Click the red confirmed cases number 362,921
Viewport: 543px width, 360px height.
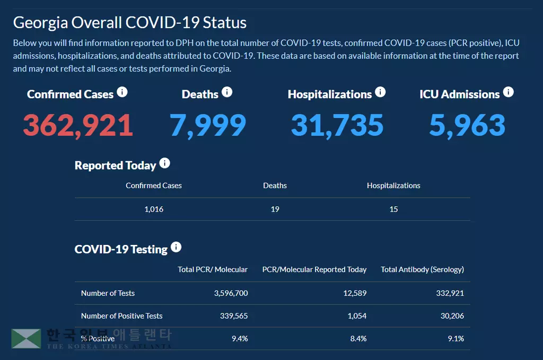[78, 125]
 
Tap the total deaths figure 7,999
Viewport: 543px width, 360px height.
[208, 125]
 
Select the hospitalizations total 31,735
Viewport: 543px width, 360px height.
[337, 125]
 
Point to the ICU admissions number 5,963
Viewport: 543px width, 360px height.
[467, 125]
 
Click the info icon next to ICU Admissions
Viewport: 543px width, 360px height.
[508, 92]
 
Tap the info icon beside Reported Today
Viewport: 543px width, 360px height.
[165, 163]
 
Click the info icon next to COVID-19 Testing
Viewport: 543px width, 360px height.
[176, 247]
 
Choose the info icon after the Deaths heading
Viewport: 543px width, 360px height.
[227, 92]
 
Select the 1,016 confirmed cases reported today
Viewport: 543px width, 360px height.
[154, 209]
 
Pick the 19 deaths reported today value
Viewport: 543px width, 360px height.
[275, 209]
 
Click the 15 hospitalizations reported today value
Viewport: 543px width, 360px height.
[393, 209]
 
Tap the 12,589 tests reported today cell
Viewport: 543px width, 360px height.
[355, 293]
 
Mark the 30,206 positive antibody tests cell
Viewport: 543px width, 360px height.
[452, 316]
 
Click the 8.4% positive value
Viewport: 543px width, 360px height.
[358, 338]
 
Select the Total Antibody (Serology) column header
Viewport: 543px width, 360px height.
[422, 269]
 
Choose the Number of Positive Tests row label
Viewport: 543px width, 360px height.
[121, 316]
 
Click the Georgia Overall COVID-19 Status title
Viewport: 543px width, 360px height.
[130, 23]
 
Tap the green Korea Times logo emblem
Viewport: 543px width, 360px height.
[26, 339]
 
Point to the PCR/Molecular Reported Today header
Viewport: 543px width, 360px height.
[314, 269]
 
